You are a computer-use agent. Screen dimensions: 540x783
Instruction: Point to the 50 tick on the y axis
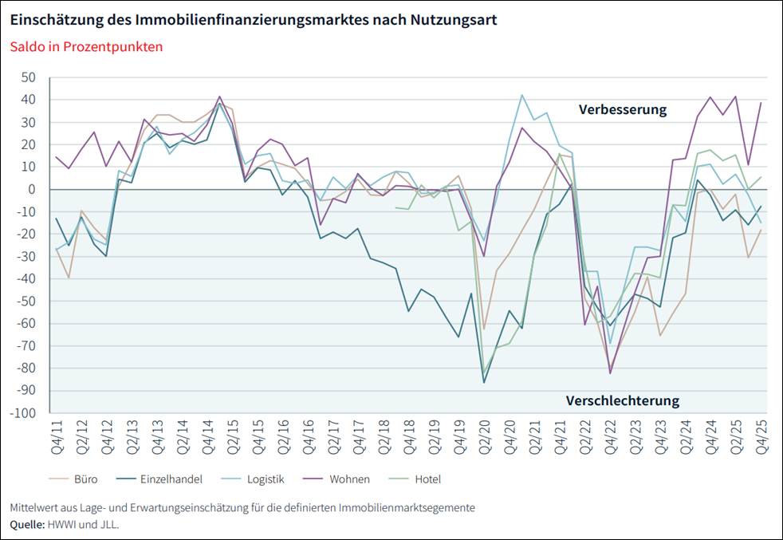click(x=30, y=77)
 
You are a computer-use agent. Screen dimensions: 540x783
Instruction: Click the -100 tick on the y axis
click(x=23, y=413)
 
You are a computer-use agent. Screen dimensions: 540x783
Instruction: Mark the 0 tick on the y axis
click(x=33, y=189)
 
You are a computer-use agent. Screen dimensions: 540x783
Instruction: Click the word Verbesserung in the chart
click(x=622, y=110)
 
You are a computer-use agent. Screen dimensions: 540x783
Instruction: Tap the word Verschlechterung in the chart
click(x=622, y=400)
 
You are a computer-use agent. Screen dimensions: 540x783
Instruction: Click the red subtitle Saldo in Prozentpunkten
click(x=86, y=46)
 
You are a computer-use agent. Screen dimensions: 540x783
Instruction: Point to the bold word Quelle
click(x=28, y=525)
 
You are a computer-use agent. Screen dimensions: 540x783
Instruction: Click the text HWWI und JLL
click(x=85, y=525)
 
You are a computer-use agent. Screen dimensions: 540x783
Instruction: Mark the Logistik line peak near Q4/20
click(x=522, y=95)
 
